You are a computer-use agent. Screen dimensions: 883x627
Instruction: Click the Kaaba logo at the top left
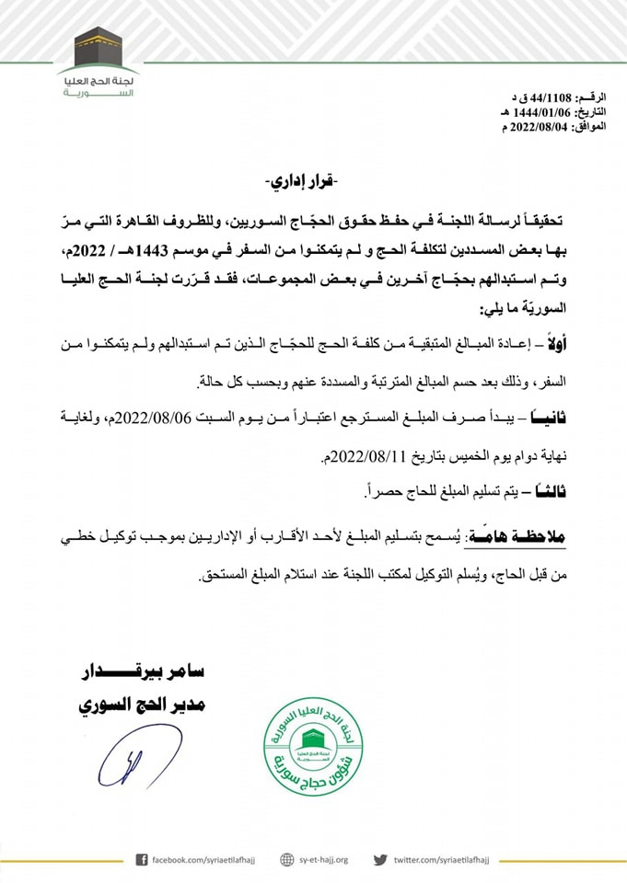98,47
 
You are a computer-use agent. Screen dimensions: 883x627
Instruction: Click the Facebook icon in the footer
142,859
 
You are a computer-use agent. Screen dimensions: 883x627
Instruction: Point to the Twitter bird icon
379,859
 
